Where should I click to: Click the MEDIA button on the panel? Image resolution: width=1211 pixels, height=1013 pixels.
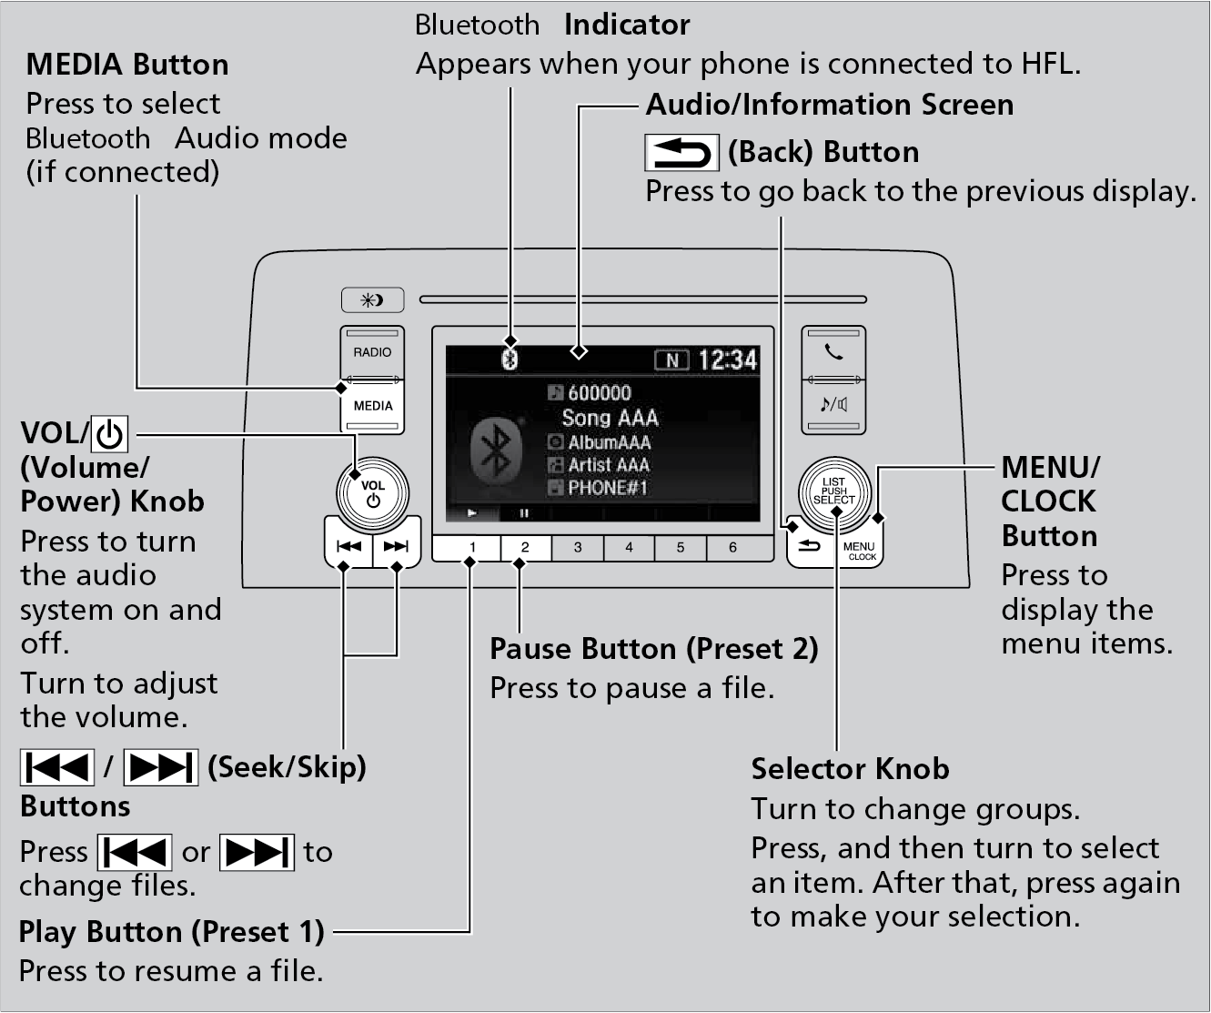[373, 406]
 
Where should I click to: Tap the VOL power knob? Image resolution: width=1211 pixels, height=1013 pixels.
[372, 492]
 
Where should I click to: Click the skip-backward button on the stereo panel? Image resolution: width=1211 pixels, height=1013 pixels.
[348, 546]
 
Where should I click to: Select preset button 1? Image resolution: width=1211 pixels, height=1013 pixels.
[472, 548]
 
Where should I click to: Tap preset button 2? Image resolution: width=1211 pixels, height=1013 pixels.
[525, 548]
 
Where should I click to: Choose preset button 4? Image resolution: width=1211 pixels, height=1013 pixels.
[629, 548]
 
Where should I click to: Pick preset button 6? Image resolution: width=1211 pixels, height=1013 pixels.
[732, 548]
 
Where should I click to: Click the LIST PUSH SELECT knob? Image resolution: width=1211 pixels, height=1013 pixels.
[834, 491]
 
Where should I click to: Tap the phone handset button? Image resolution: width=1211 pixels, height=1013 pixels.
[833, 353]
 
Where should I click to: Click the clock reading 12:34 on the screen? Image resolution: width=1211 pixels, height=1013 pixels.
[728, 360]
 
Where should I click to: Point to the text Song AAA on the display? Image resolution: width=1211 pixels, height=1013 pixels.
[610, 418]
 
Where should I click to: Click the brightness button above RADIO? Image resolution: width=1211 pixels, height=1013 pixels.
[372, 299]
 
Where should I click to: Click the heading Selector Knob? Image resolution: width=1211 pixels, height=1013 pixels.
[850, 769]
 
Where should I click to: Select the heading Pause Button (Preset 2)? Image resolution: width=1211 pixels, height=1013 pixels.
[653, 649]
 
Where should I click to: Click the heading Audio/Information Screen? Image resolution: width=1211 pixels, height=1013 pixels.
[829, 105]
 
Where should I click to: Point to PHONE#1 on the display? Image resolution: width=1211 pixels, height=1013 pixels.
[607, 488]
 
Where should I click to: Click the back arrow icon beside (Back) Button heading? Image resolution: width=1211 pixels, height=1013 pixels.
[681, 152]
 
